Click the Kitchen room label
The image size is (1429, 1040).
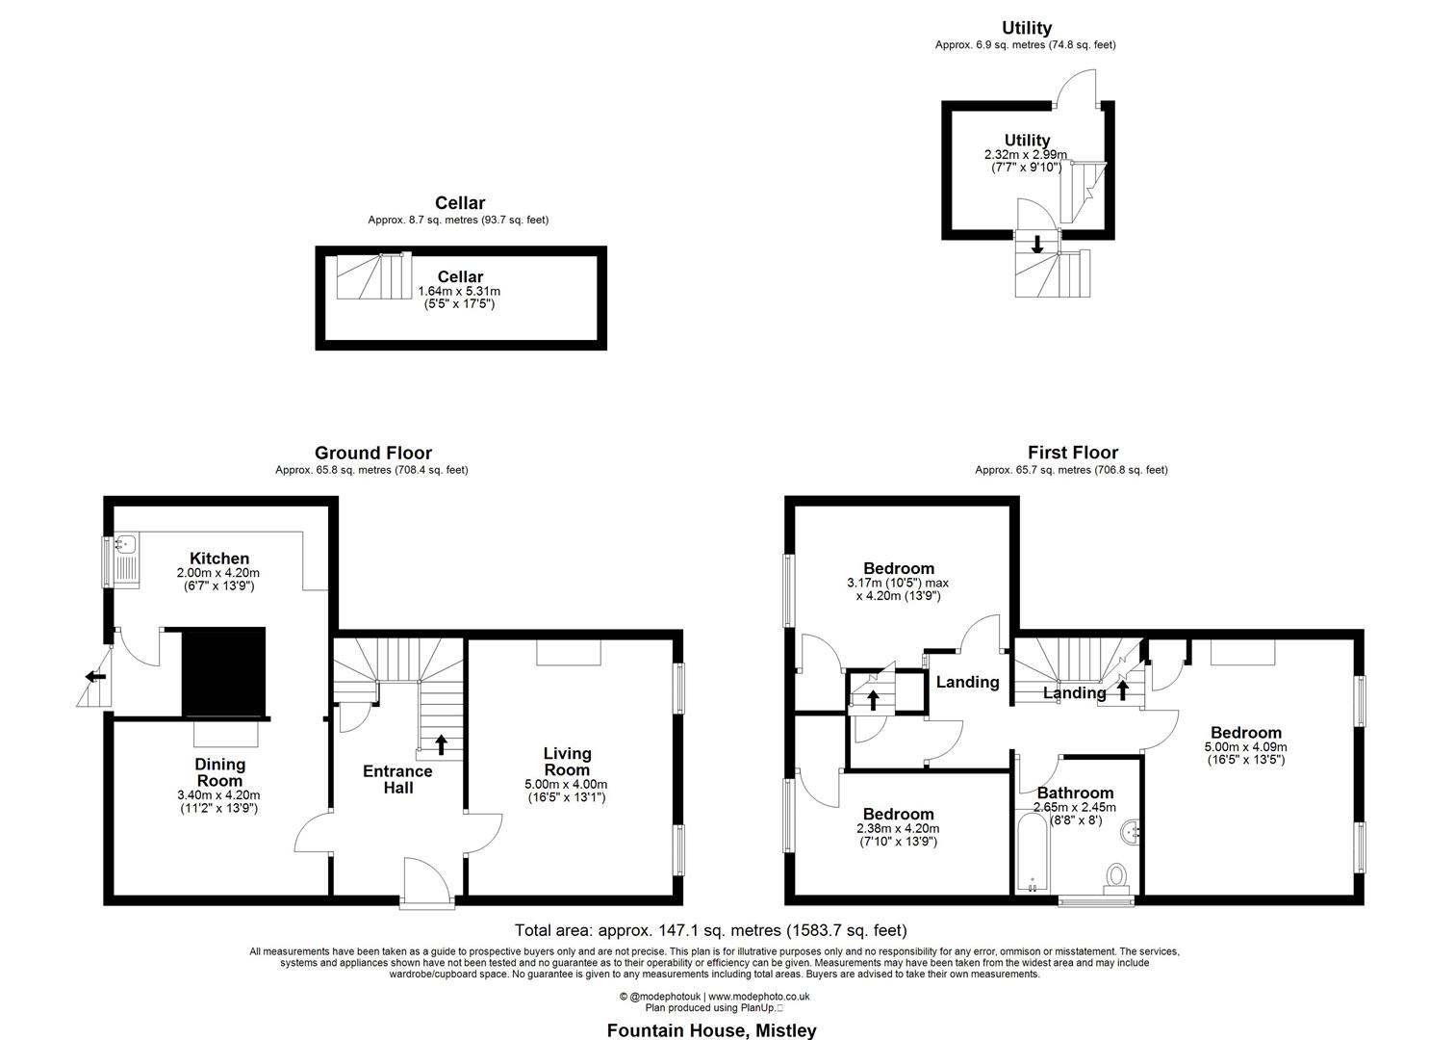219,559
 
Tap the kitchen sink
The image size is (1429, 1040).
125,559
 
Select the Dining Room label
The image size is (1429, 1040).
220,772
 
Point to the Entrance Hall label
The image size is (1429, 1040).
397,779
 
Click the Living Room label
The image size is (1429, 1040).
567,762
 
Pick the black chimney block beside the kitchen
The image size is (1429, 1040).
223,671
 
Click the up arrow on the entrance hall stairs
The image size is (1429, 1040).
441,743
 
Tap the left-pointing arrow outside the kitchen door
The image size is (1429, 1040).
95,676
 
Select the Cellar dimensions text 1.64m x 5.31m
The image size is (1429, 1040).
459,291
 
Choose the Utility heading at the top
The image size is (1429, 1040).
1026,28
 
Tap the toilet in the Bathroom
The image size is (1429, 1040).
1116,877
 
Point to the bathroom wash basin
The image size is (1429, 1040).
1133,828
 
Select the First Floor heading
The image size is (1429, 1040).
1072,453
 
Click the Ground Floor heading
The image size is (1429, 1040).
372,453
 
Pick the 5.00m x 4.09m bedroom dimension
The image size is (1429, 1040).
1245,746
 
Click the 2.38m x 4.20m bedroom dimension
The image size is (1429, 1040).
897,828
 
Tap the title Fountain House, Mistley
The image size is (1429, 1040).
711,1030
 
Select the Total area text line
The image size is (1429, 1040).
711,930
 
